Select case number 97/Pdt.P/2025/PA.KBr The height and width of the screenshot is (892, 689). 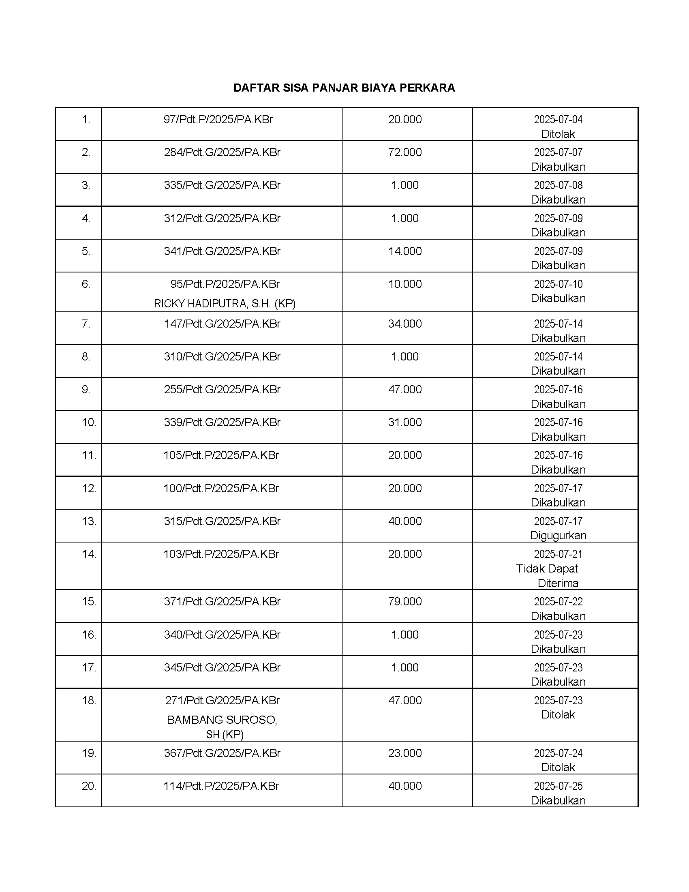(x=218, y=120)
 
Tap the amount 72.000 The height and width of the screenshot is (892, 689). (x=405, y=152)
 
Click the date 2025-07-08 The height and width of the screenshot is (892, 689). (x=558, y=185)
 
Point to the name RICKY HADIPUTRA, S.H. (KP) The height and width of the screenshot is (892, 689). (x=225, y=303)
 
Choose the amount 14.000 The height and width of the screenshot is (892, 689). (x=405, y=251)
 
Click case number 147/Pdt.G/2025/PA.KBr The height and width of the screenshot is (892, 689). (x=222, y=324)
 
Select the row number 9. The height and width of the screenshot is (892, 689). (x=86, y=390)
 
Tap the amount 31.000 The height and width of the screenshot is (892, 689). (x=405, y=422)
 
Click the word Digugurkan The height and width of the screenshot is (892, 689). (x=558, y=536)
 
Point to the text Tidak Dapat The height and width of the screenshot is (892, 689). (x=547, y=568)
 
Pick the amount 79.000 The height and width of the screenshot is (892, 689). (x=405, y=602)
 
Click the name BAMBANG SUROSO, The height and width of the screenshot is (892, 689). (x=222, y=720)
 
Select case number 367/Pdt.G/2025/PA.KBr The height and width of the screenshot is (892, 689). (x=222, y=753)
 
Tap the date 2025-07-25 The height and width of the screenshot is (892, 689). (x=558, y=786)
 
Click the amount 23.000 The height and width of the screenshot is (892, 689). (x=405, y=753)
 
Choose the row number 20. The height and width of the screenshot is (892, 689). (x=89, y=786)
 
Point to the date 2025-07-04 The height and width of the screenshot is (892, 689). (x=558, y=120)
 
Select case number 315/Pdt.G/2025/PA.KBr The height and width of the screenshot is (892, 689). (x=222, y=521)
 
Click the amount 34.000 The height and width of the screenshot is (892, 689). (x=405, y=324)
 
